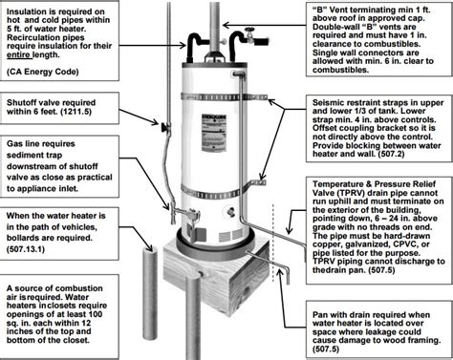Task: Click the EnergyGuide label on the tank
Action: [x=214, y=133]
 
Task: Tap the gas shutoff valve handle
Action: [x=164, y=128]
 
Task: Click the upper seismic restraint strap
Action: [x=223, y=97]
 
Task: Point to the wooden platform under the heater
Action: [x=217, y=277]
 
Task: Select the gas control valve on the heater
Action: [x=192, y=214]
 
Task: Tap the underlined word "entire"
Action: [x=18, y=54]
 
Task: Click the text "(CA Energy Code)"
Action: [x=43, y=72]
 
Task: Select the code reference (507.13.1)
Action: [x=26, y=249]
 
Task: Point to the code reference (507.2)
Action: [x=392, y=155]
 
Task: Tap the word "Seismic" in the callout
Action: [x=327, y=103]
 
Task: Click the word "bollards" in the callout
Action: [x=23, y=238]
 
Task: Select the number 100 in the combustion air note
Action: [x=96, y=314]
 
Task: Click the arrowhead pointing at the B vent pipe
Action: [x=226, y=25]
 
